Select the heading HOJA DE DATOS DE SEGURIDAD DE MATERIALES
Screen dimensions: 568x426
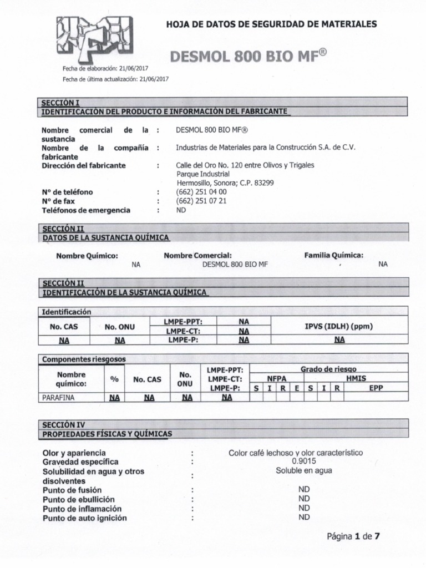272,24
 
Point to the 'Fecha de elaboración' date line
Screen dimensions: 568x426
105,68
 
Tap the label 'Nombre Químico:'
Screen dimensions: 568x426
87,255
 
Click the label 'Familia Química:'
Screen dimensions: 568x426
334,255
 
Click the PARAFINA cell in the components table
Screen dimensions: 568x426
58,397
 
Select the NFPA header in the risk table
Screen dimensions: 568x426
276,378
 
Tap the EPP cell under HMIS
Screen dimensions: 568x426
376,388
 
